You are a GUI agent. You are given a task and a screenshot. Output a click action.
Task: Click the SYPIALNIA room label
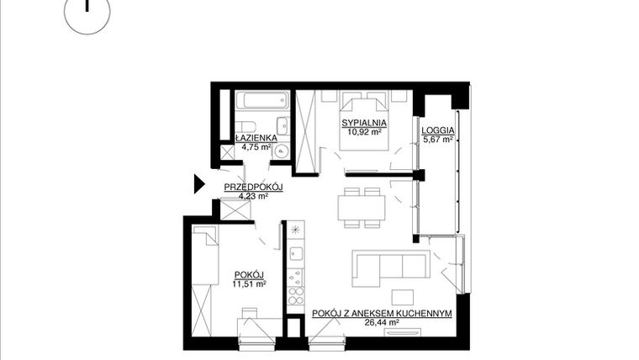coord(363,124)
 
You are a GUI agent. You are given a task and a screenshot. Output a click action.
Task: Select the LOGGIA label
coord(439,130)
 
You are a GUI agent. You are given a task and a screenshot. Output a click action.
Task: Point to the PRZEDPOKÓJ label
coord(253,187)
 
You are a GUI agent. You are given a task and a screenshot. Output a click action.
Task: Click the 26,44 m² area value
coord(382,322)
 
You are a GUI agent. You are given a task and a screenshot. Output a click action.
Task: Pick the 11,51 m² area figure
coord(250,284)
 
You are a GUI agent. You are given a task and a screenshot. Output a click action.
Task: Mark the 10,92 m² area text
coord(363,133)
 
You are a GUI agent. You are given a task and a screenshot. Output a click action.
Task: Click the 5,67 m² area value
coord(439,140)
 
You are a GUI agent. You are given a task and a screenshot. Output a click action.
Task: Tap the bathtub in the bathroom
coord(260,104)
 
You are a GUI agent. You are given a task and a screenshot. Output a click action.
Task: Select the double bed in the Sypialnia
coord(363,122)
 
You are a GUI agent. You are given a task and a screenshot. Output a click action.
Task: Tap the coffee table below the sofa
coord(403,297)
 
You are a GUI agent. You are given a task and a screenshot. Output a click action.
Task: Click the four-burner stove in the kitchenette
coord(295,295)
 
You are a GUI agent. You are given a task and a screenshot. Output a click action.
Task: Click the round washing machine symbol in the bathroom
coord(282,152)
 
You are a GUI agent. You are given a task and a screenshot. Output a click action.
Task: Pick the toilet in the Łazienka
coord(283,128)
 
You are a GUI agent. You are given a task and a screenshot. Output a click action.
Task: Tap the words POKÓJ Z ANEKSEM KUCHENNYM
coord(383,313)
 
